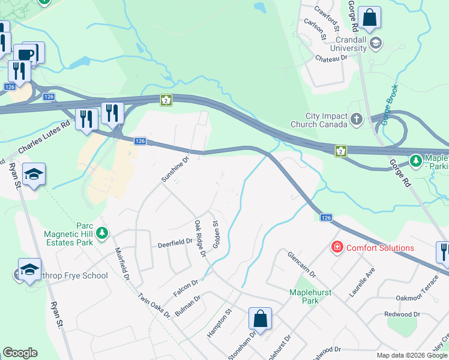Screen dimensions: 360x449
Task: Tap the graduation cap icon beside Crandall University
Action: (376, 42)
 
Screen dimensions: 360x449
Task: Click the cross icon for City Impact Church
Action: (357, 119)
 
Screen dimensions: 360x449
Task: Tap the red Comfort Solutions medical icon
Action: (337, 247)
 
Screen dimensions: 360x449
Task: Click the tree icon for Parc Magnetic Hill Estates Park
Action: (103, 232)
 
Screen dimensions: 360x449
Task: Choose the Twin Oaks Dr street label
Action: (154, 306)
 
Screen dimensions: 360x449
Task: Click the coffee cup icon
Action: (26, 54)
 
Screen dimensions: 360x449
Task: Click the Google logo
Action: (20, 353)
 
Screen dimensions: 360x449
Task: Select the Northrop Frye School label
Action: (66, 276)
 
